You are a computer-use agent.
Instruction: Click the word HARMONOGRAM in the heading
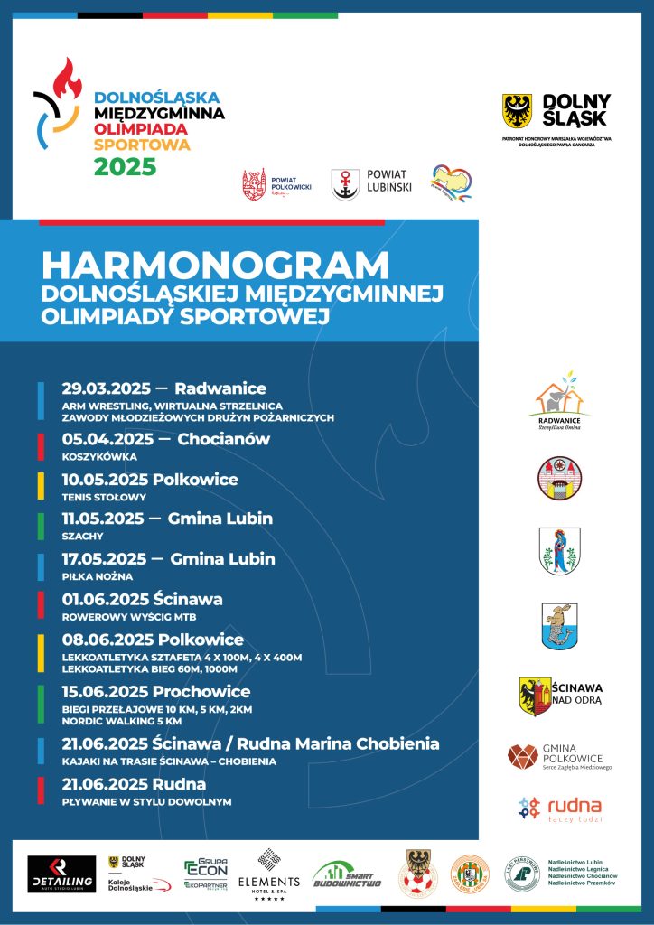pyautogui.click(x=215, y=266)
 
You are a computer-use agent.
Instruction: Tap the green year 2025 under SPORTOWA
pyautogui.click(x=126, y=167)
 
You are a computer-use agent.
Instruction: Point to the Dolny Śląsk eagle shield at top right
pyautogui.click(x=517, y=110)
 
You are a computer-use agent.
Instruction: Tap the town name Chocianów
pyautogui.click(x=222, y=439)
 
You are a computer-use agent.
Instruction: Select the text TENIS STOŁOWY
pyautogui.click(x=103, y=497)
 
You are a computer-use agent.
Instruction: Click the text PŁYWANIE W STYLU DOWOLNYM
pyautogui.click(x=146, y=801)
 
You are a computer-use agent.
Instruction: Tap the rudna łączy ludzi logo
pyautogui.click(x=560, y=808)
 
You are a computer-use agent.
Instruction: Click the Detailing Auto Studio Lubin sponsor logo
pyautogui.click(x=61, y=874)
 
